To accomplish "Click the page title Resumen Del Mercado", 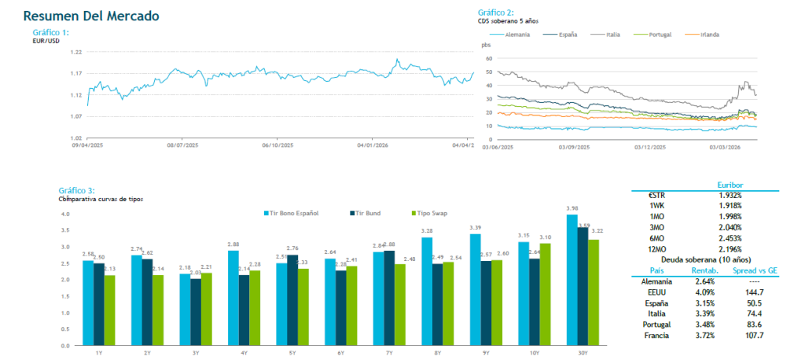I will (x=91, y=16).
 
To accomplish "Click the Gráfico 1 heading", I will (x=51, y=32).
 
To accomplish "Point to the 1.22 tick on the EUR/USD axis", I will (x=76, y=52).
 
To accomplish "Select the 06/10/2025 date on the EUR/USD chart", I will (x=277, y=145).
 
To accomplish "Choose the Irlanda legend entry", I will (x=705, y=35).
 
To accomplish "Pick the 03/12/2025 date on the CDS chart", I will (x=649, y=147).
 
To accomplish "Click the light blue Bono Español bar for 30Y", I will (x=572, y=280).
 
